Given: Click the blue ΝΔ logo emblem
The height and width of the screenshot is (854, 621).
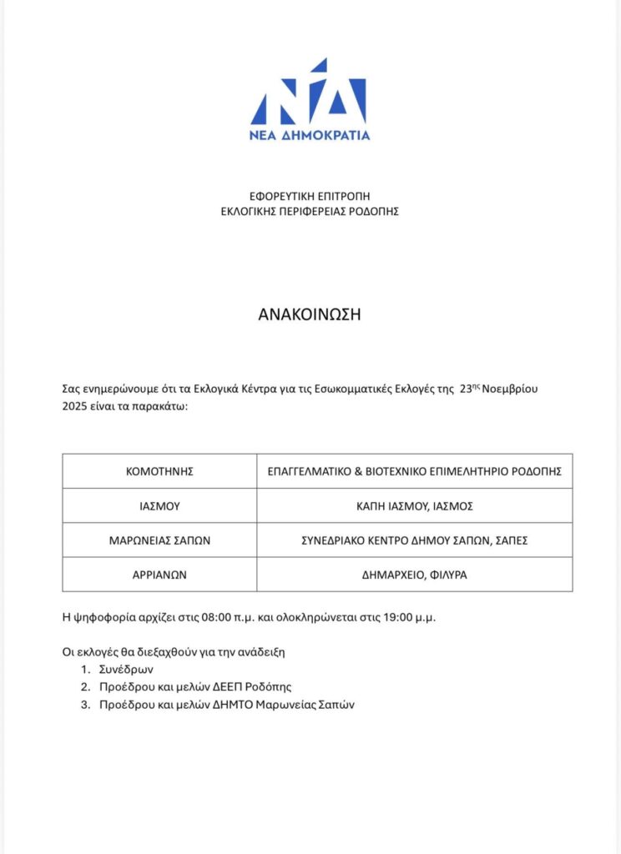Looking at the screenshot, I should point(310,93).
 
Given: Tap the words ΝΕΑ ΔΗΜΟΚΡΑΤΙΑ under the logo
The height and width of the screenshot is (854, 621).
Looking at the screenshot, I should point(310,135).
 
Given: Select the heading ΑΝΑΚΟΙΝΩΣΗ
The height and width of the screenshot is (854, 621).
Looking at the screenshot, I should point(310,314).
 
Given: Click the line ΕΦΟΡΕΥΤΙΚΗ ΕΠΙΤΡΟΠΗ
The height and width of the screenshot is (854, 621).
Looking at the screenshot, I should point(310,196).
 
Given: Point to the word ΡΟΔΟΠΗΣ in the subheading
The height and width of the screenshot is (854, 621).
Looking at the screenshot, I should point(375,212).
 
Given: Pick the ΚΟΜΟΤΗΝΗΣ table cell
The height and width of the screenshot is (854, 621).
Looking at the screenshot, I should point(159,471).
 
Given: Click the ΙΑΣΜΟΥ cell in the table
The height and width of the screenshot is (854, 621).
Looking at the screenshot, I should point(159,505).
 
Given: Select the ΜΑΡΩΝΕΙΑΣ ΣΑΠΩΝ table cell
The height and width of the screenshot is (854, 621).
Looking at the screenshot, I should point(159,540).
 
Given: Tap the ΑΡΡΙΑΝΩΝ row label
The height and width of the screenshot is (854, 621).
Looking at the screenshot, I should point(159,574).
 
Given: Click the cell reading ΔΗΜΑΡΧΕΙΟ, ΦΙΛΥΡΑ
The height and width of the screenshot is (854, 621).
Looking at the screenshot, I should point(415,574).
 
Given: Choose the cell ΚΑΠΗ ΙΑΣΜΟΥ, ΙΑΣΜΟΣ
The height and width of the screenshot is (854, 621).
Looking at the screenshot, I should point(415,505).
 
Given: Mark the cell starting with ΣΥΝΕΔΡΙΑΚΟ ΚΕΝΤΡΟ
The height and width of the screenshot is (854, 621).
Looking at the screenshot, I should point(415,540).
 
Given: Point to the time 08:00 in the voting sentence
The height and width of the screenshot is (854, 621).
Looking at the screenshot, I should point(219,618).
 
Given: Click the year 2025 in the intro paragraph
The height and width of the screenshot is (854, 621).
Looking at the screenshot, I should point(76,405).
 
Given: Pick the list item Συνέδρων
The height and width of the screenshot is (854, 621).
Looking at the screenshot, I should point(125,670).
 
